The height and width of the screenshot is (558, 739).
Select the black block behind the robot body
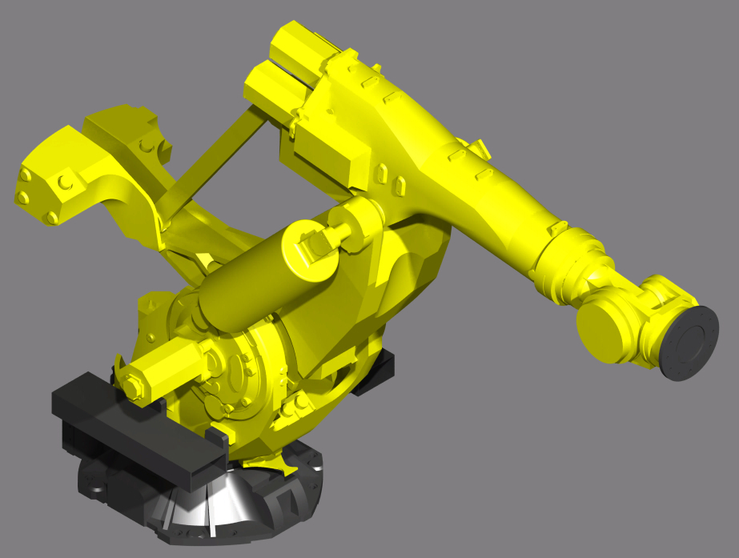click(377, 373)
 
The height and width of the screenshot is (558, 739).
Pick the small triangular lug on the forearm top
click(480, 147)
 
